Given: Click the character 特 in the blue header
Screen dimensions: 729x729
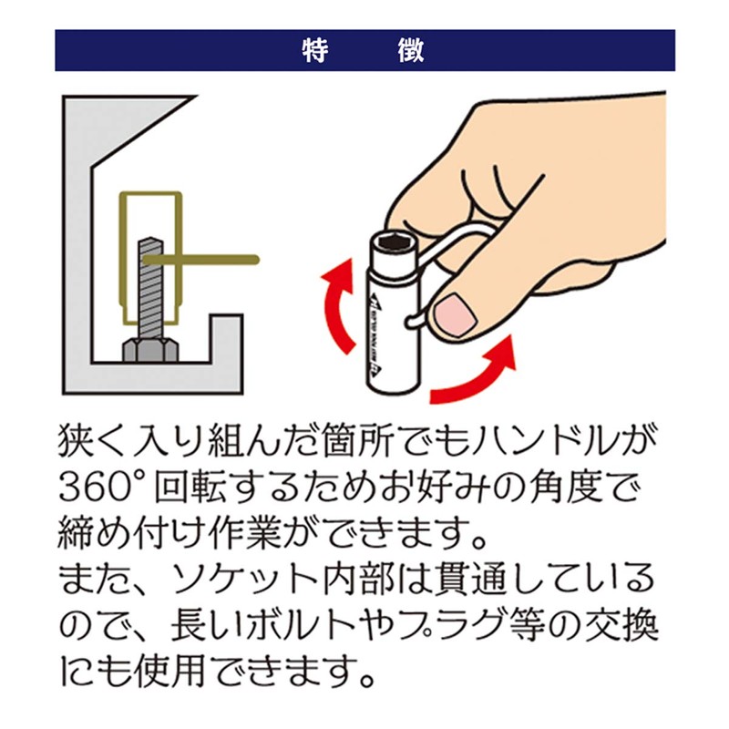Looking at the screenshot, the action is (315, 50).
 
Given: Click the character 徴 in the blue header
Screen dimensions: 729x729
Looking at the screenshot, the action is (411, 50).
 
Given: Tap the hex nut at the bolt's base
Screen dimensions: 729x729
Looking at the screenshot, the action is (150, 350).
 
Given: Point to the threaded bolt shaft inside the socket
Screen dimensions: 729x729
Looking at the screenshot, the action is (150, 288).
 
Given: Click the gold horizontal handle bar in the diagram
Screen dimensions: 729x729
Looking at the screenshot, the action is (200, 260).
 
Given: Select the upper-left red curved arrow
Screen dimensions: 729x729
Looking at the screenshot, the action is (337, 307).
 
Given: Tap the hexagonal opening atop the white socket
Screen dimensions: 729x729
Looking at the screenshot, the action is (394, 241).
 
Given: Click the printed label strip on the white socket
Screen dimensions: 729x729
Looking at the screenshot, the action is (374, 334).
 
